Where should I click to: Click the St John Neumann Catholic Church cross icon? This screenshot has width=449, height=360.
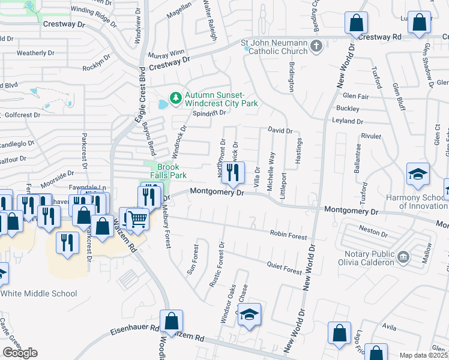317,46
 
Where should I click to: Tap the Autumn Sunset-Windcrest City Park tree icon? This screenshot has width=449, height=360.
175,97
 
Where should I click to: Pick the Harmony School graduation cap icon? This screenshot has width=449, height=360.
418,174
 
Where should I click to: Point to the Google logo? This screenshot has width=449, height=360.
20,352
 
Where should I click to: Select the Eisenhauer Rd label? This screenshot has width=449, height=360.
134,329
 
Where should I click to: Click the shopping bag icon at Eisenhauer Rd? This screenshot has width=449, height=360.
172,322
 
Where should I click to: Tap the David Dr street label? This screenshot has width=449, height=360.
280,130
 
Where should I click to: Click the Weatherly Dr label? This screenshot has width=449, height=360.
36,53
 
